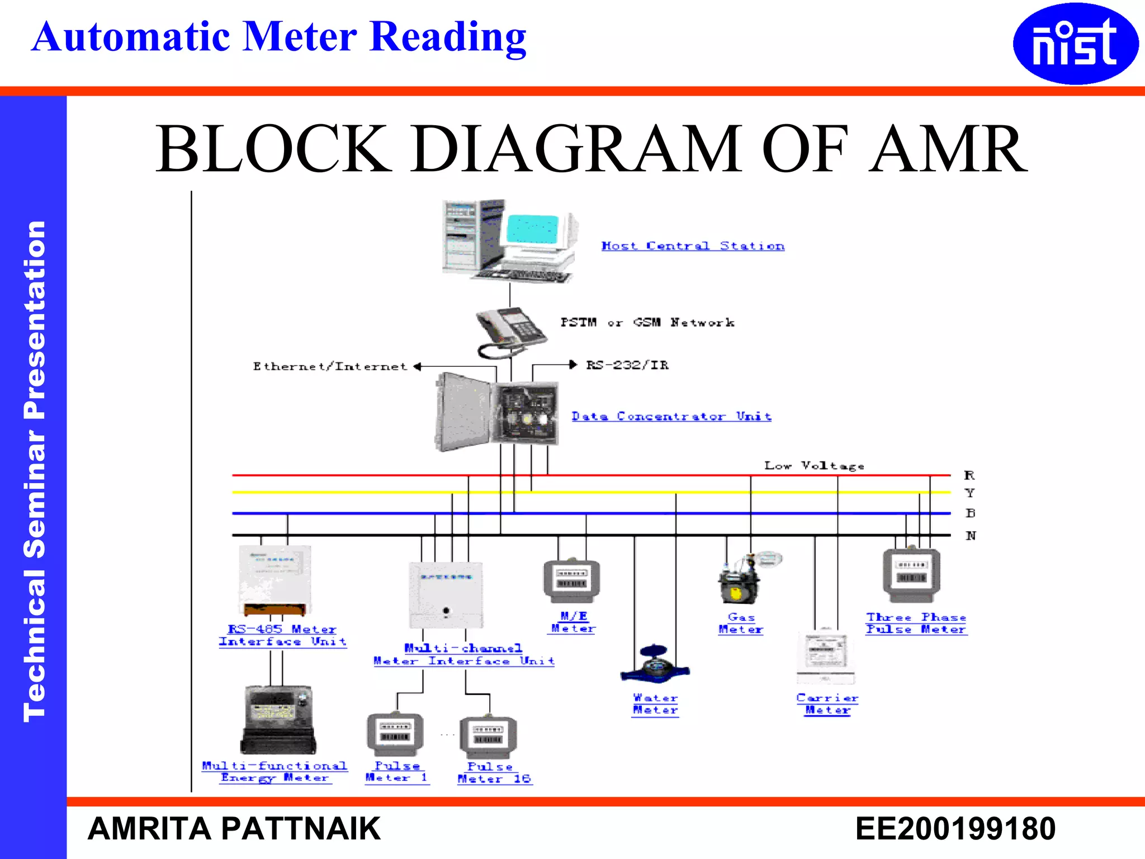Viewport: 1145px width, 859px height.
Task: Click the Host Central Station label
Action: [693, 246]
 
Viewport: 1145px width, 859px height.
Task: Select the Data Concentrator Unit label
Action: [671, 417]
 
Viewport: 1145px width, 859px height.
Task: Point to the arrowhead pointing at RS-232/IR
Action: [572, 365]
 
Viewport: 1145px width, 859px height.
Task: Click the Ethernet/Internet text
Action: [330, 367]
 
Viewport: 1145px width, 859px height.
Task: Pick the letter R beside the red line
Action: [969, 475]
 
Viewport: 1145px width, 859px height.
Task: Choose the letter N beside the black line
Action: [971, 536]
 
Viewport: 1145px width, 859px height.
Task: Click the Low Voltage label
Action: [814, 466]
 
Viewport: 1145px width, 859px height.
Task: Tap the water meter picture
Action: [655, 664]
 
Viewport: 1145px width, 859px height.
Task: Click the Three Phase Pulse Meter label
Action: [916, 624]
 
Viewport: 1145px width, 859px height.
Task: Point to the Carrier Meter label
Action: [827, 704]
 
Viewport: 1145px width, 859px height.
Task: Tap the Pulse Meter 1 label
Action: [397, 772]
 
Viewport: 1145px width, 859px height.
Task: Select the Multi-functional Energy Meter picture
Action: [278, 720]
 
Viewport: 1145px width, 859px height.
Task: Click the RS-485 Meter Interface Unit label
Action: [282, 636]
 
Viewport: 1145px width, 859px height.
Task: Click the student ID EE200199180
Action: [955, 829]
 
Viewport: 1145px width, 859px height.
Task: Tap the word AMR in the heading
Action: [948, 149]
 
